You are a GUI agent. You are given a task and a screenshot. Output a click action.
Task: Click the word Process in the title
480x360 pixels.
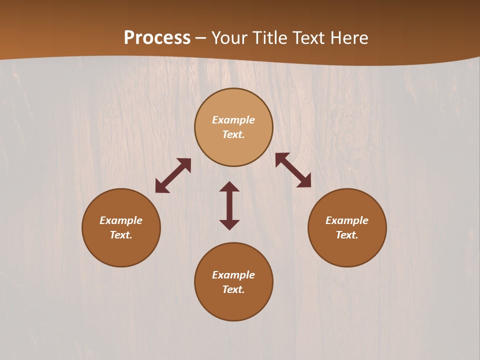coord(157,38)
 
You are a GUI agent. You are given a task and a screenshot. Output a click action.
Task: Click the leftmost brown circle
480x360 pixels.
coord(121,227)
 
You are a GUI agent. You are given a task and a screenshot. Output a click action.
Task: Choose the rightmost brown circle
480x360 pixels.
coord(347,227)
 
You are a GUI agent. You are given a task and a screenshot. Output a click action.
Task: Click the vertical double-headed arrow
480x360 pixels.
coord(229,205)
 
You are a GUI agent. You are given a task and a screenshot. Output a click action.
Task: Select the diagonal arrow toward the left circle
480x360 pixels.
coord(173,175)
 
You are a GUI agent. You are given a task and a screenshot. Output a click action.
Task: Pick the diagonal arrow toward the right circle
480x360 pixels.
coord(293,170)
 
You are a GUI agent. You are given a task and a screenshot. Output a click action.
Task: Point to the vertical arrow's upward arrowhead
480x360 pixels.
coord(229,186)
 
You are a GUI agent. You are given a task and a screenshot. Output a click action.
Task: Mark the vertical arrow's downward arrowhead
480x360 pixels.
coord(229,224)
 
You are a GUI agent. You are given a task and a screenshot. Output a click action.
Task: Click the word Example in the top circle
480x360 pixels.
coord(233,120)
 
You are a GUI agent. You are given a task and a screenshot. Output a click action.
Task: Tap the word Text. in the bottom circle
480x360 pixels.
coord(233,289)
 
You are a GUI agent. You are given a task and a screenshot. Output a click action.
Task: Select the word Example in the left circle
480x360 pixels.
coord(121,220)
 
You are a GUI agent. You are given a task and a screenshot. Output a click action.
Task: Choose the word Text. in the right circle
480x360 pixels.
coord(347,235)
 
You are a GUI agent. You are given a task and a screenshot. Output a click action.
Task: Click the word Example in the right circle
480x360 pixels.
coord(347,220)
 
